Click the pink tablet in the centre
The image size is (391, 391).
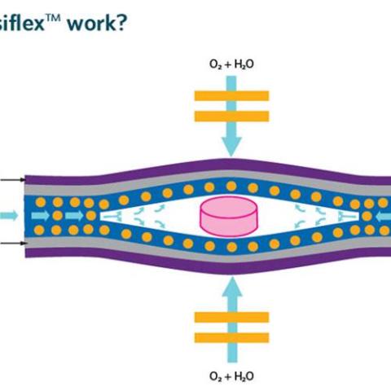[228, 217]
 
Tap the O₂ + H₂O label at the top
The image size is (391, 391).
[231, 64]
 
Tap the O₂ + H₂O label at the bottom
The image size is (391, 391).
[231, 376]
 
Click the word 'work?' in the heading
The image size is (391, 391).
[97, 23]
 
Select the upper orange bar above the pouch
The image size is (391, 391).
[231, 96]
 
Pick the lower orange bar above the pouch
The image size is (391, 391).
[231, 116]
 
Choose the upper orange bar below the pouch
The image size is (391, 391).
[231, 317]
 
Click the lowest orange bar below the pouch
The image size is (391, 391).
[231, 337]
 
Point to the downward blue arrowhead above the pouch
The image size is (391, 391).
[231, 147]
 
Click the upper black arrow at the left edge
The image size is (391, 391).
[13, 179]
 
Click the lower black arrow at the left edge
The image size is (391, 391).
[13, 243]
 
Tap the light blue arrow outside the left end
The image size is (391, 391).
[9, 216]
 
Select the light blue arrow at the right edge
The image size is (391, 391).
[384, 217]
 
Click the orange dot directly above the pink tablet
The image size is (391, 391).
[231, 187]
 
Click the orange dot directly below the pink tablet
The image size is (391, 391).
[231, 247]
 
